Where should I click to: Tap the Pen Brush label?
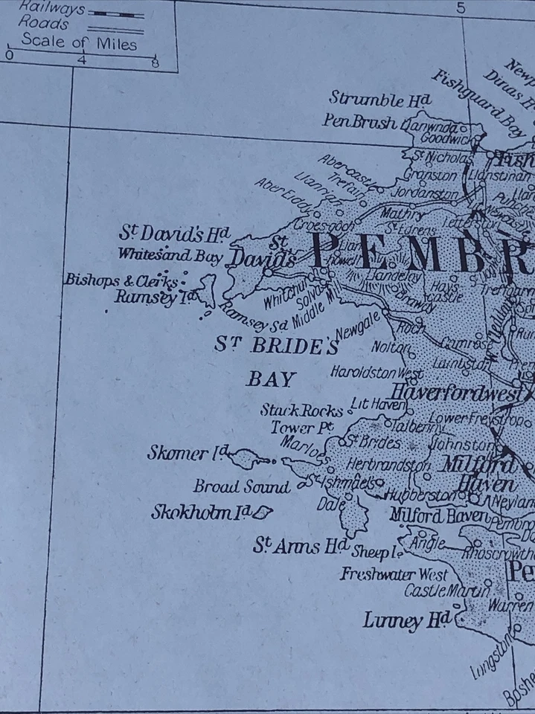359,121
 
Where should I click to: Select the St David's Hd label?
174,234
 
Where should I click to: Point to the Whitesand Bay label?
170,254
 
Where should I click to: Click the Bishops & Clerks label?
121,280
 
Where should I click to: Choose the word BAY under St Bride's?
271,379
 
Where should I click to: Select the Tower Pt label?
300,428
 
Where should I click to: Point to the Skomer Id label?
186,453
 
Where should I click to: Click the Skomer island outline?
246,459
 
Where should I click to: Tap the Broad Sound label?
241,487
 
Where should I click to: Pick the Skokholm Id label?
199,512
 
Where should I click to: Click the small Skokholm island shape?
263,512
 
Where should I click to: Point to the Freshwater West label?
394,574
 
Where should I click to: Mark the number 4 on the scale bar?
81,61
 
